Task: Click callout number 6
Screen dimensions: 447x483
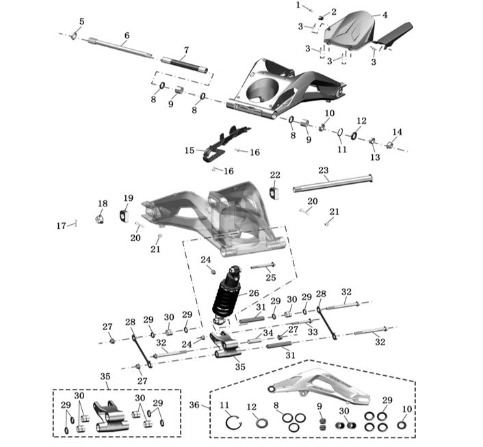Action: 127,36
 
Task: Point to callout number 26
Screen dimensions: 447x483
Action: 254,293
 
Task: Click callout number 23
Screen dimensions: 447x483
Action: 324,170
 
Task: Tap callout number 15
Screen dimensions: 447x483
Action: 190,150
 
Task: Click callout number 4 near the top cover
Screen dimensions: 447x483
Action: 384,14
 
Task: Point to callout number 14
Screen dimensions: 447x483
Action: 397,132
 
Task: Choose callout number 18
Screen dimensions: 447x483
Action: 103,204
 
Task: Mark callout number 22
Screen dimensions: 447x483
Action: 275,176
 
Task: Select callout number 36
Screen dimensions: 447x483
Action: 194,405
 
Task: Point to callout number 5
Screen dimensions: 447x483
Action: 81,22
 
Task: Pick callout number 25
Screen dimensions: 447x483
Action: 271,277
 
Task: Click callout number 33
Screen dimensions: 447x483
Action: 313,331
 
